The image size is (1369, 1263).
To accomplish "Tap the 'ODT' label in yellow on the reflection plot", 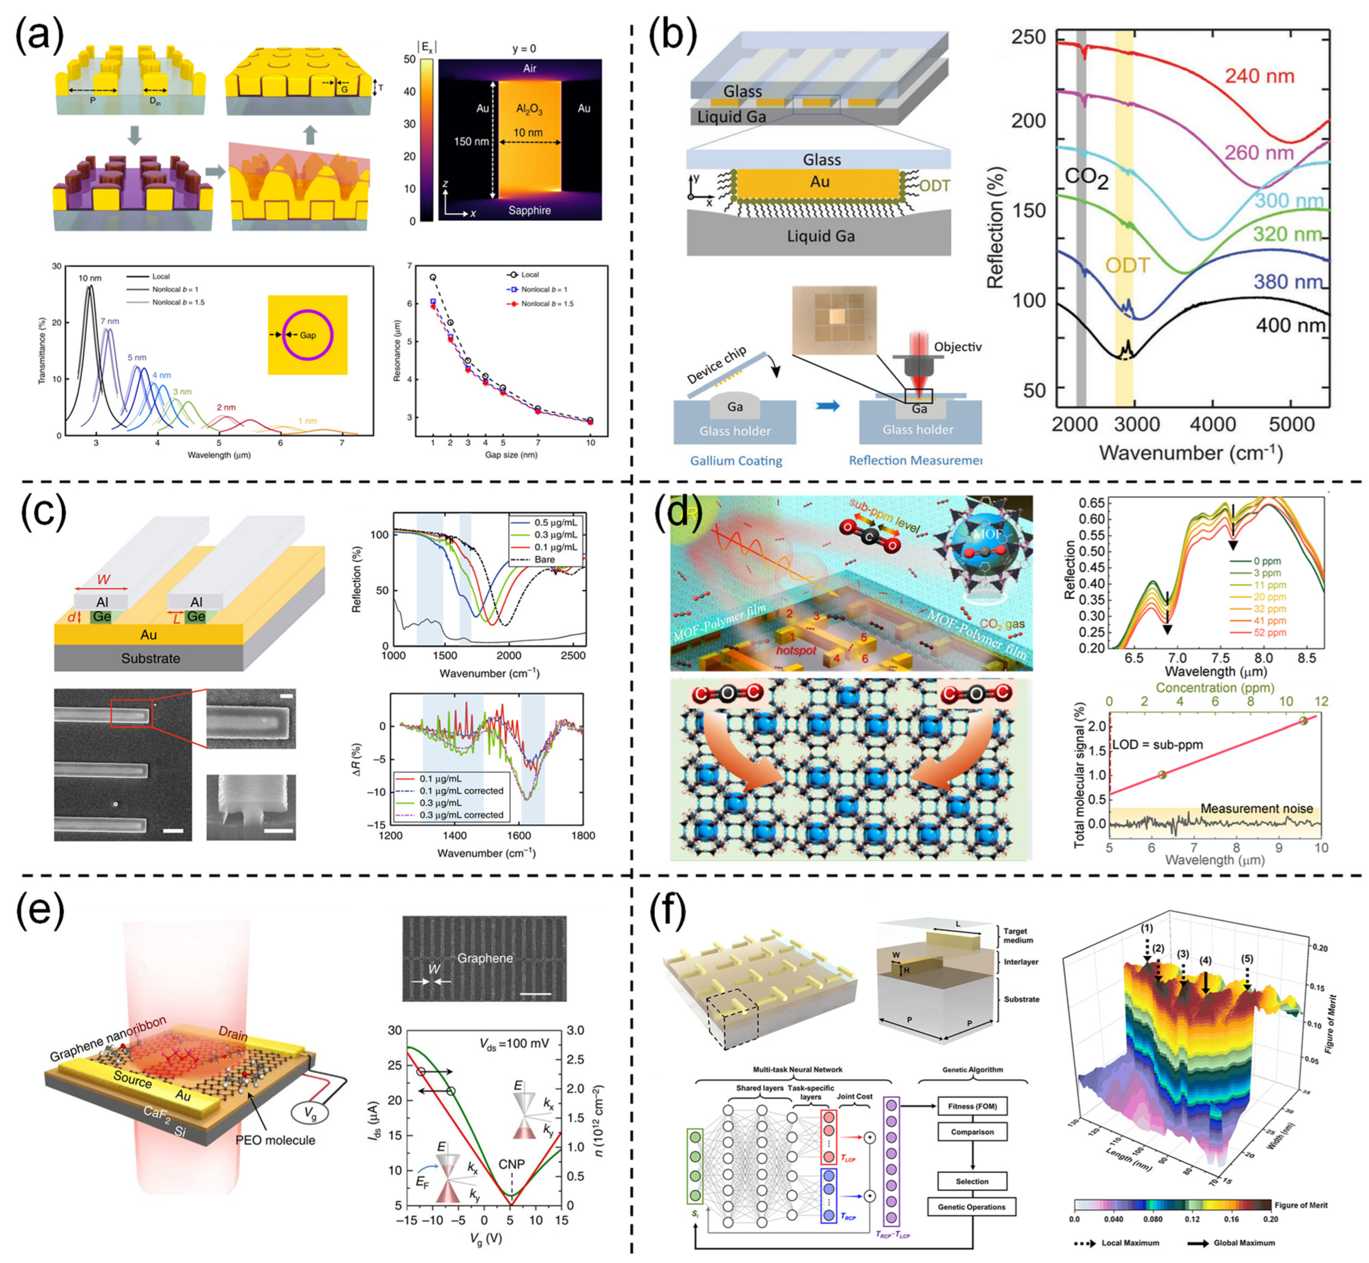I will pyautogui.click(x=1128, y=265).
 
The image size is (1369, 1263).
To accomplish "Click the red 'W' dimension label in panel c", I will pyautogui.click(x=103, y=580).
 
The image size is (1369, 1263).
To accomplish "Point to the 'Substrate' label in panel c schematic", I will pyautogui.click(x=150, y=658).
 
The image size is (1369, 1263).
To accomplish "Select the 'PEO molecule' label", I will pyautogui.click(x=275, y=1140).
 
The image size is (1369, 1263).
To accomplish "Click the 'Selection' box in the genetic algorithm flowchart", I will pyautogui.click(x=971, y=1181).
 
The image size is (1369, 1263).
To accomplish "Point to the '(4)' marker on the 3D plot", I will pyautogui.click(x=1206, y=961).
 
